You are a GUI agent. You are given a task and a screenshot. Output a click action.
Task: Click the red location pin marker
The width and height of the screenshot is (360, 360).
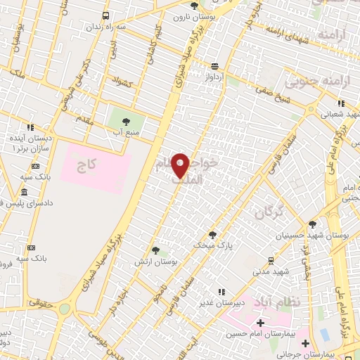[x=181, y=165]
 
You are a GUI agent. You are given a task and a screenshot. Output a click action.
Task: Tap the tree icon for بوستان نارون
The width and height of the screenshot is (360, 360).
[x=195, y=6]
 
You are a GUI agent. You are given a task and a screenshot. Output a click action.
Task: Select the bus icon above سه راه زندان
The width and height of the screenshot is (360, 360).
[x=105, y=15]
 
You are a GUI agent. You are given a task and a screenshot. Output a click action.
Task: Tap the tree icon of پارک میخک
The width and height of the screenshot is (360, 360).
[x=213, y=235]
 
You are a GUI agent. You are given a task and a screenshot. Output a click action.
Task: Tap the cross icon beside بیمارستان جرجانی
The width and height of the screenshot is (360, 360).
[x=305, y=344]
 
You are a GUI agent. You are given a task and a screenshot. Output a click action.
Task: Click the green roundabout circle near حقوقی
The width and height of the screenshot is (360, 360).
[x=64, y=309]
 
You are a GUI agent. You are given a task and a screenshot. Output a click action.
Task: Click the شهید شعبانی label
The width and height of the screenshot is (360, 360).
[x=341, y=112]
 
